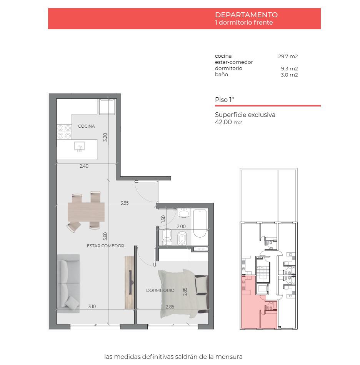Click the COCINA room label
point(86,126)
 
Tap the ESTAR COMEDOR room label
point(105,246)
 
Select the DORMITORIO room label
point(160,290)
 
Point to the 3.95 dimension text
point(125,203)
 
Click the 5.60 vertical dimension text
point(105,236)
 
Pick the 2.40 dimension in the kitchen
point(84,166)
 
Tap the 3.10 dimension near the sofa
point(92,306)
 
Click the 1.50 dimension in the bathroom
point(163,219)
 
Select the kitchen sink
point(79,147)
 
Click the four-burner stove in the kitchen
point(64,132)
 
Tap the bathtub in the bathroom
point(200,223)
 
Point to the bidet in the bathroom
point(182,238)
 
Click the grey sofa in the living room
point(68,283)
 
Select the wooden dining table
point(86,212)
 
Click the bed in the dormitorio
point(183,294)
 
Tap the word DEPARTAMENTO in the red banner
point(246,15)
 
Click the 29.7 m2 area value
point(288,56)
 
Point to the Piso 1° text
point(224,100)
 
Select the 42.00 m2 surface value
point(228,122)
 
